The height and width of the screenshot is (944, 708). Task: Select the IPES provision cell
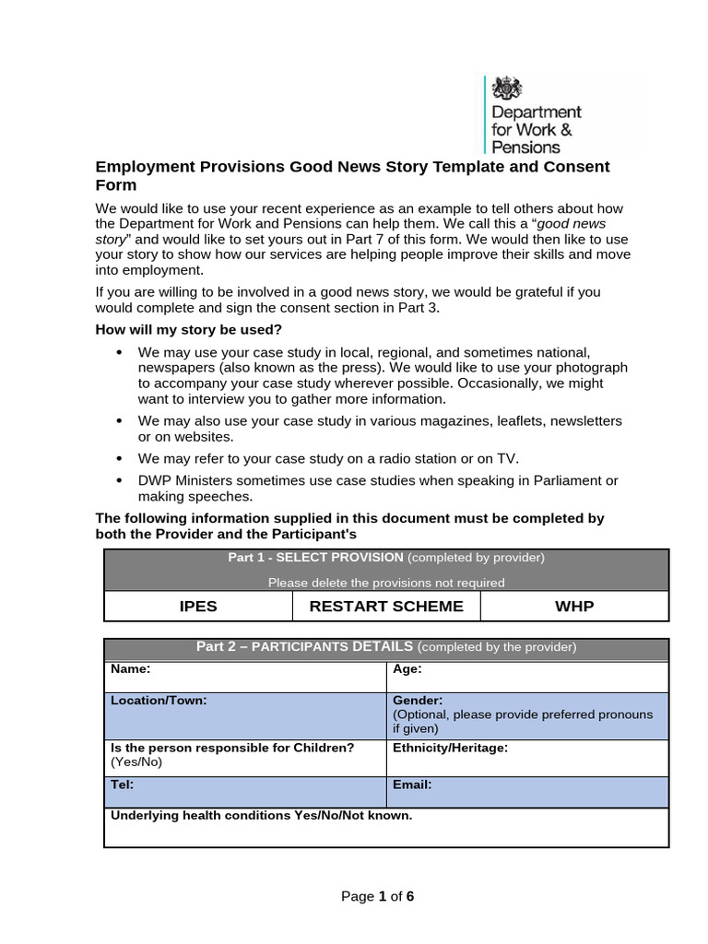(198, 606)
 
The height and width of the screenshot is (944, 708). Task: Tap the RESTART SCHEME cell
(386, 606)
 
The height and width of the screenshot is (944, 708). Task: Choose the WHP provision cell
(574, 606)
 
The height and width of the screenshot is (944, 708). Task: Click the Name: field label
(131, 670)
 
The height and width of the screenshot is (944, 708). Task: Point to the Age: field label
(407, 670)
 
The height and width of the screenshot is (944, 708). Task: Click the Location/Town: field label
(159, 701)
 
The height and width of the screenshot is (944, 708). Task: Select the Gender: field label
(418, 701)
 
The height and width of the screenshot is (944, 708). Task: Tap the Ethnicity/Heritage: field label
(450, 748)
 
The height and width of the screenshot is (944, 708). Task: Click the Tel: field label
(123, 785)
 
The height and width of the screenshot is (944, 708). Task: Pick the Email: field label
(412, 785)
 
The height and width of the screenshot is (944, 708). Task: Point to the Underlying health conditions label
(261, 816)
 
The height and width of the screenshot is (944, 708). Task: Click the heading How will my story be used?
(188, 330)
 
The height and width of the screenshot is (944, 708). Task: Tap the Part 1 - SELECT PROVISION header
(315, 558)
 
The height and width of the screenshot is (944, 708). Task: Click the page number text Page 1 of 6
(377, 896)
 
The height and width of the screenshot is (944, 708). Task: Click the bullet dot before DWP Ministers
(119, 480)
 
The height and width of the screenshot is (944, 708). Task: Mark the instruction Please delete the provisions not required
(386, 582)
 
